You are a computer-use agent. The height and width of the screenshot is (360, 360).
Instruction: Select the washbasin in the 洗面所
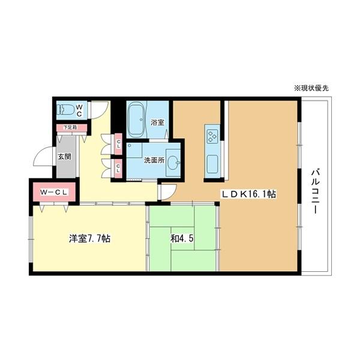(173, 163)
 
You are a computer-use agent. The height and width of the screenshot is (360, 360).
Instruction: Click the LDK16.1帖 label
(249, 194)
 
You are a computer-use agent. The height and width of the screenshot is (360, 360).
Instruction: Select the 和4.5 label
(182, 239)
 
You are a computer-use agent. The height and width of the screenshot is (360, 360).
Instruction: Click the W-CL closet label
(53, 192)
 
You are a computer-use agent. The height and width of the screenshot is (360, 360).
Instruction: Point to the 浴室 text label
(157, 122)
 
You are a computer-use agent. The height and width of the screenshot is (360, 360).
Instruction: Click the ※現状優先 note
(311, 88)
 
